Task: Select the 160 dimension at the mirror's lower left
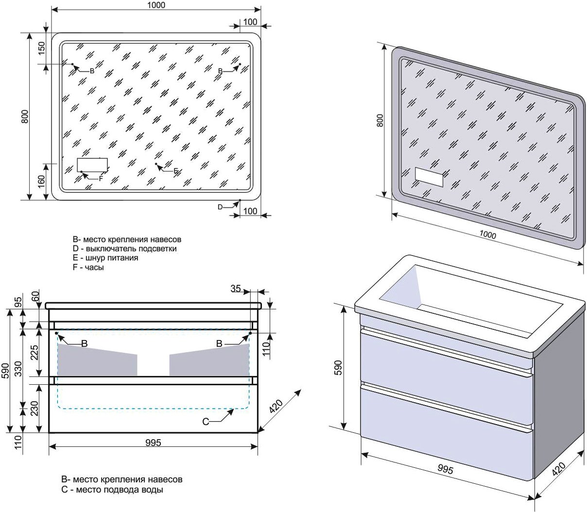tap(41, 181)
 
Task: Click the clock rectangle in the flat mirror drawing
tap(92, 165)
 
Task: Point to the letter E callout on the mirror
tap(176, 171)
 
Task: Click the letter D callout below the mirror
tap(220, 207)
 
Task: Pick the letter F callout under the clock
tap(101, 178)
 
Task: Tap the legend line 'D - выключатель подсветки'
tap(124, 249)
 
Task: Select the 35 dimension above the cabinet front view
tap(236, 289)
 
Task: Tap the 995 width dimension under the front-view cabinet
tap(153, 443)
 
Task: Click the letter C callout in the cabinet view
tap(206, 422)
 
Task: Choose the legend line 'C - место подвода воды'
tap(112, 490)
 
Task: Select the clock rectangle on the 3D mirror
tap(430, 177)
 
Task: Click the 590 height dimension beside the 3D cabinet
tap(339, 368)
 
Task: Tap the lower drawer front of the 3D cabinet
tap(445, 427)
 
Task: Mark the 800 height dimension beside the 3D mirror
tap(380, 120)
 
